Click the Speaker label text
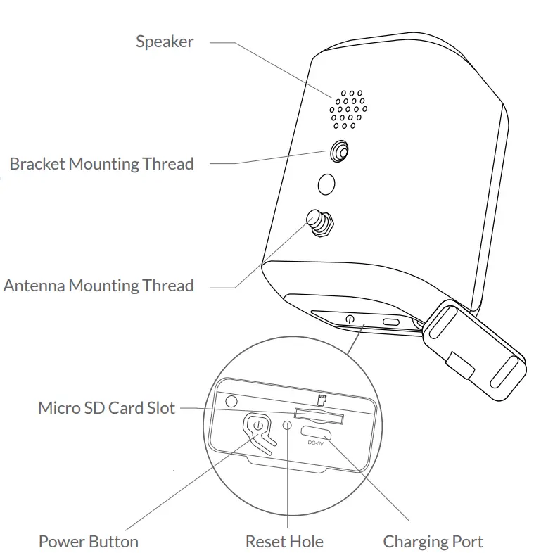164,42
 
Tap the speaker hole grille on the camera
347,109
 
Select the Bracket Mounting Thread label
101,164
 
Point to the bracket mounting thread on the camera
340,151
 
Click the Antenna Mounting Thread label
98,286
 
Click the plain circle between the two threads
326,184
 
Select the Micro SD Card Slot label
106,408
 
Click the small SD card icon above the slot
323,400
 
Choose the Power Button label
88,541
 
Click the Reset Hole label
284,541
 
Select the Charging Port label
433,541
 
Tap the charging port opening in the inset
316,432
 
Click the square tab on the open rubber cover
461,364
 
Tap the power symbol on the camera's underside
350,319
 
